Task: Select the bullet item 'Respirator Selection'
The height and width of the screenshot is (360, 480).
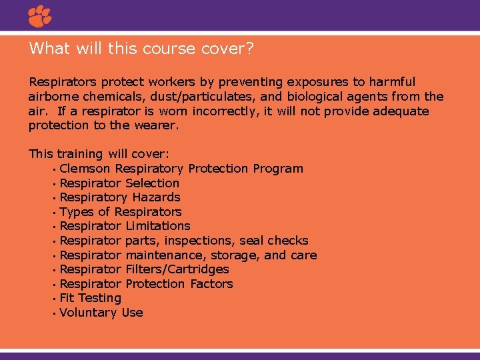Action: [119, 183]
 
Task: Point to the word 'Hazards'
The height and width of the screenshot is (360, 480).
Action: [156, 197]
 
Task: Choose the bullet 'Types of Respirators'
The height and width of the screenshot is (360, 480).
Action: [120, 212]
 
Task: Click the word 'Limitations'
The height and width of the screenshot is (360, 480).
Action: [157, 226]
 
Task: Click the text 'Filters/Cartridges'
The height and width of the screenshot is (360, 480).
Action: [177, 269]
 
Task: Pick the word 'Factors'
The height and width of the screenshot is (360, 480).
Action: [211, 284]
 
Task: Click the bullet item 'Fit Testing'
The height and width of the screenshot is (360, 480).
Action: [90, 298]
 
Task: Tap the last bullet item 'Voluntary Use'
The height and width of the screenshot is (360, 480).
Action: [101, 313]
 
